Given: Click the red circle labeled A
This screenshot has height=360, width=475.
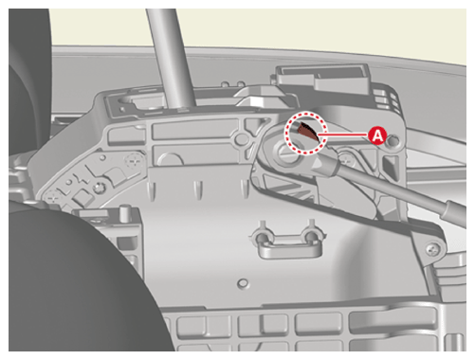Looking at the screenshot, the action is tap(377, 135).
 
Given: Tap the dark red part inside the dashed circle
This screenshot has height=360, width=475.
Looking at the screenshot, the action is tap(308, 130).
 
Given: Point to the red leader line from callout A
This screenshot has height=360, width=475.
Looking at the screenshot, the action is tap(343, 135).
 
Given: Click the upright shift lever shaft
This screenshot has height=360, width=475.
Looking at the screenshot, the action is tap(172, 58).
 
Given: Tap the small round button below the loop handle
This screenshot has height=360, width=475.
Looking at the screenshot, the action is tap(243, 283).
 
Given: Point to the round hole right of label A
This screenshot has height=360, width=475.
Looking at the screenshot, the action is tap(393, 141).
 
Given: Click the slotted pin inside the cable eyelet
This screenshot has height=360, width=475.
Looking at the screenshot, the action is tap(285, 152).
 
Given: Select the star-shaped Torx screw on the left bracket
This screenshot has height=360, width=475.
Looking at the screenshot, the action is tap(99, 188).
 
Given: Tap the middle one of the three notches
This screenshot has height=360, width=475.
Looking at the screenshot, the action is tap(198, 189).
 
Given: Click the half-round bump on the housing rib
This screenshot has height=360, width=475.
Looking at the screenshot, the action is tap(171, 160).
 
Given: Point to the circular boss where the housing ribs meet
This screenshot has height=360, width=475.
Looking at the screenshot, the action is tap(241, 138).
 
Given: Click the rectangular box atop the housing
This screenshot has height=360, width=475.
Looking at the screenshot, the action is tap(322, 79).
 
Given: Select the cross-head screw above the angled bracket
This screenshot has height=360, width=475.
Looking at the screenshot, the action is tap(135, 161).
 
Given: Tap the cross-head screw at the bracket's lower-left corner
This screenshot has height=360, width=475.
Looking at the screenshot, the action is tap(53, 198).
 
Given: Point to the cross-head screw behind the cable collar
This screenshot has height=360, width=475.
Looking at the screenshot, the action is tap(347, 160).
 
